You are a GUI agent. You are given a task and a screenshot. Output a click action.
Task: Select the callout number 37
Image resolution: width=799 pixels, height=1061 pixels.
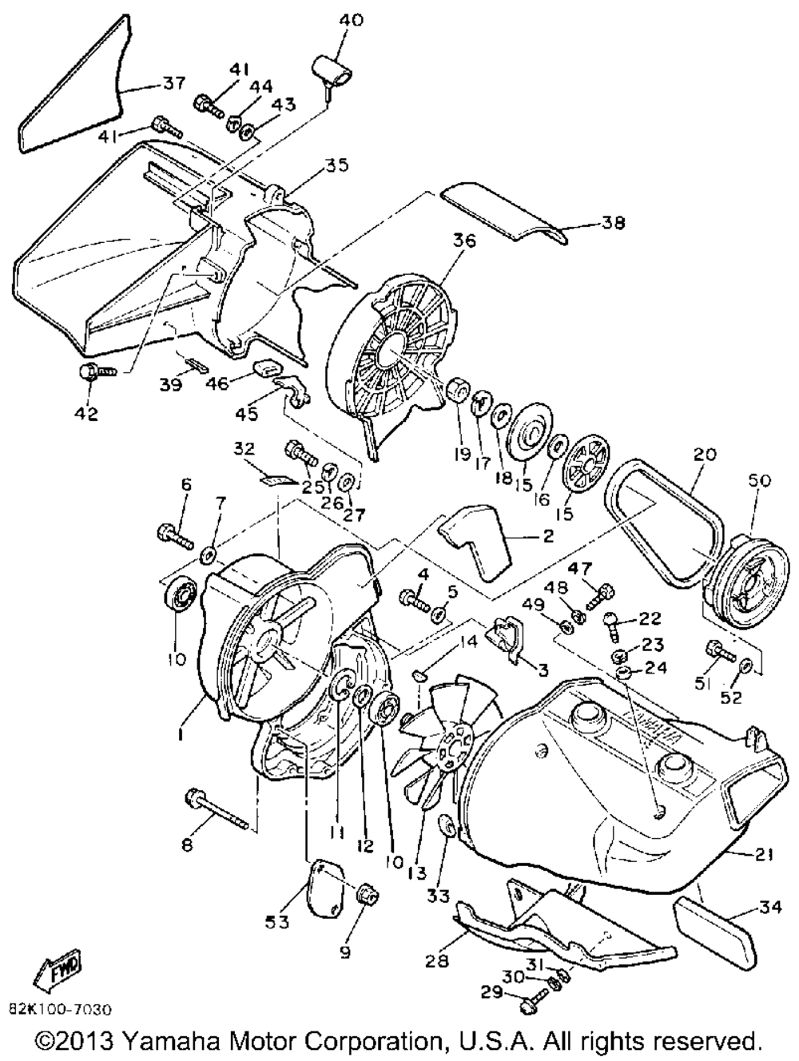pos(174,82)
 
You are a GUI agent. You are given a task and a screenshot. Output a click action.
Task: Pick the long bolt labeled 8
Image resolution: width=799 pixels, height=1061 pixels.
pos(215,808)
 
